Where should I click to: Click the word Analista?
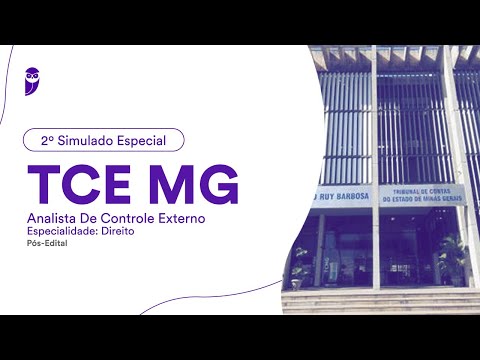[53, 216]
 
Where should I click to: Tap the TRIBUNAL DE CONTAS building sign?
[419, 195]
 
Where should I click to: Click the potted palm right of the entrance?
[452, 258]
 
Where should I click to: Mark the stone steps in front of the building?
[380, 301]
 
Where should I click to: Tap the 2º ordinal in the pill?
[46, 141]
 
